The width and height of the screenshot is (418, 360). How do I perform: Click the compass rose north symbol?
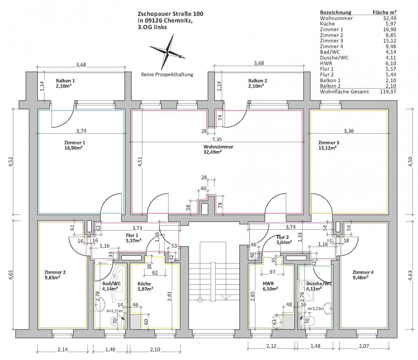[168, 52]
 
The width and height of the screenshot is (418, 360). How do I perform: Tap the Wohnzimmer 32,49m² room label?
[218, 149]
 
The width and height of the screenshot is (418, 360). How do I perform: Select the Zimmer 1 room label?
[75, 145]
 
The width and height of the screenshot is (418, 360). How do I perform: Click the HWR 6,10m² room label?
[270, 286]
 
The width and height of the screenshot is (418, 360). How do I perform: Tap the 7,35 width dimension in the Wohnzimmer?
[217, 139]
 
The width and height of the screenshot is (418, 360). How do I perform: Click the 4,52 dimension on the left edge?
[11, 162]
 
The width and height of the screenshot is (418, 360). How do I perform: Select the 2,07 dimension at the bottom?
[364, 346]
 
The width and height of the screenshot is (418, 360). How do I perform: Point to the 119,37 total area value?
[388, 91]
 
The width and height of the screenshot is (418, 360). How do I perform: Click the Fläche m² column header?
[384, 12]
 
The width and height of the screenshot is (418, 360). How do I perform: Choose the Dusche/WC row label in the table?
[334, 57]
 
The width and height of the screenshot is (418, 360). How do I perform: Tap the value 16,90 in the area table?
[390, 29]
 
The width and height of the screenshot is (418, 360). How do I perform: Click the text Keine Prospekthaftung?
[167, 74]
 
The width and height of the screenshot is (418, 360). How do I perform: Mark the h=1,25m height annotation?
[114, 311]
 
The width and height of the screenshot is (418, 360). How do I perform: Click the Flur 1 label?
[132, 236]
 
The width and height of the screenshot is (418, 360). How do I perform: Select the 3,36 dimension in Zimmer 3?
[349, 131]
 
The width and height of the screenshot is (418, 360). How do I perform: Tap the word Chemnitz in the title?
[178, 21]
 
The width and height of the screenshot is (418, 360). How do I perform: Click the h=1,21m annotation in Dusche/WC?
[316, 309]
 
